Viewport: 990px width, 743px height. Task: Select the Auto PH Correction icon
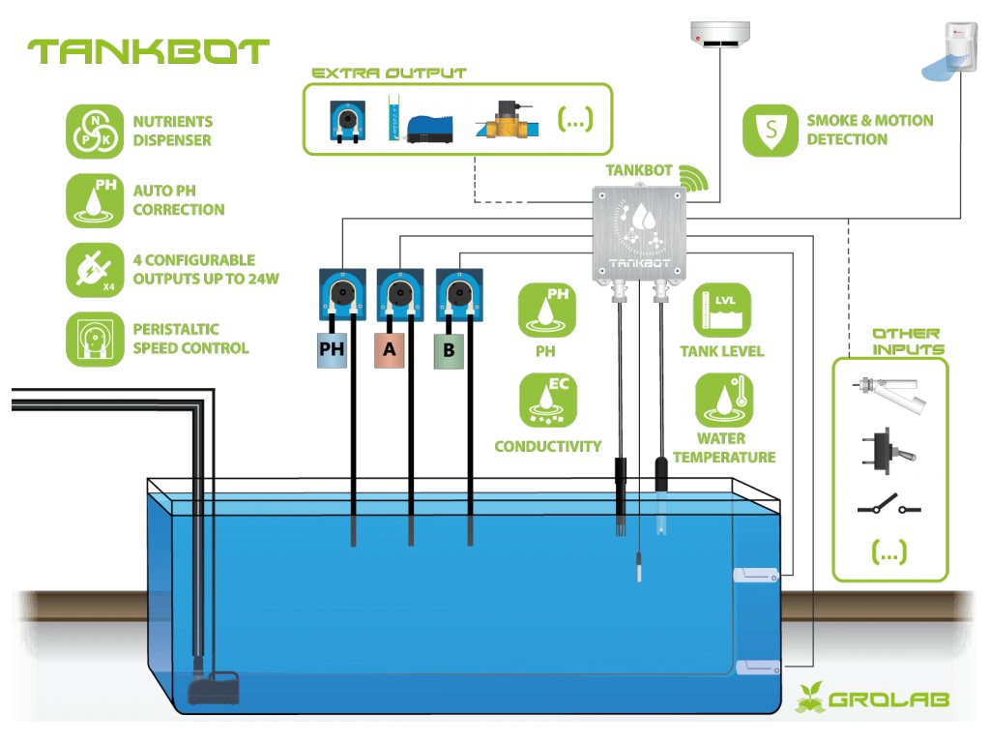pyautogui.click(x=94, y=200)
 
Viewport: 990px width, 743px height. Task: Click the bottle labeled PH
pyautogui.click(x=332, y=349)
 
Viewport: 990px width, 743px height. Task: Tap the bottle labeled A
pyautogui.click(x=390, y=349)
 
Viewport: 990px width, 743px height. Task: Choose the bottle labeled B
pyautogui.click(x=448, y=349)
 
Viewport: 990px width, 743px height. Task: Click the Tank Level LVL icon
pyautogui.click(x=721, y=310)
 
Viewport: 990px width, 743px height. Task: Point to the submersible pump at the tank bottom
pyautogui.click(x=214, y=688)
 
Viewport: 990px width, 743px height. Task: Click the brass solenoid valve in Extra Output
pyautogui.click(x=505, y=122)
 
